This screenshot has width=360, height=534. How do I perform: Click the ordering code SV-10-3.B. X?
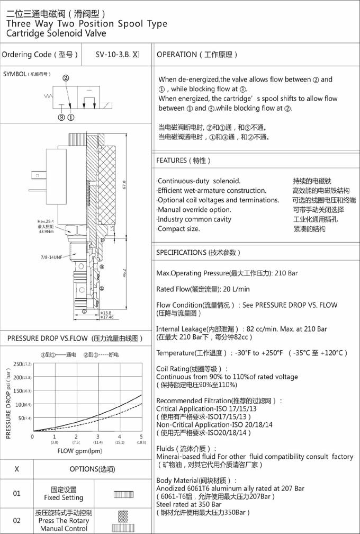(x=117, y=55)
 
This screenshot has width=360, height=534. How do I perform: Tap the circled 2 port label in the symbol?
(x=66, y=78)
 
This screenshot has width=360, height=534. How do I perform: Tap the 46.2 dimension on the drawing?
(x=123, y=273)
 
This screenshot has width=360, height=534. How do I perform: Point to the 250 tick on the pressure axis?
(x=20, y=363)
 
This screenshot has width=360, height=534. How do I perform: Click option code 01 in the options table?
(x=17, y=494)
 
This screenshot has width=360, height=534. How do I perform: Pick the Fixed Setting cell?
(x=64, y=494)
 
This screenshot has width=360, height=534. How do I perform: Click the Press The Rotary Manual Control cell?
(x=64, y=520)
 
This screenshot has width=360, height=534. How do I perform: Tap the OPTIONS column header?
(x=92, y=469)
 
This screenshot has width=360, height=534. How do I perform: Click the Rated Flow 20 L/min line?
(x=203, y=289)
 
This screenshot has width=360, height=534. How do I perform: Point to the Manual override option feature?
(x=194, y=210)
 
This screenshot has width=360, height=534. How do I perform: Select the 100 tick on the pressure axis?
(x=20, y=405)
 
